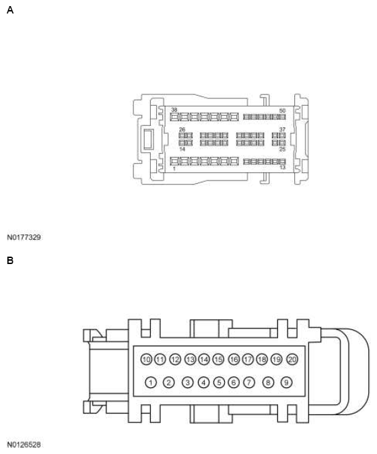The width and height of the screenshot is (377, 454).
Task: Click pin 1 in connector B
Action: click(151, 383)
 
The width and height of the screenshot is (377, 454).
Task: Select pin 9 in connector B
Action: click(286, 383)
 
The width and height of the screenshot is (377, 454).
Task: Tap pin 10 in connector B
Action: click(146, 360)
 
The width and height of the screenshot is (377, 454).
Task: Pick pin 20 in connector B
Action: click(292, 360)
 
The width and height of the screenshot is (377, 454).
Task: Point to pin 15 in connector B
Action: click(218, 360)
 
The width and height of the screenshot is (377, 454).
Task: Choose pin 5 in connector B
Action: click(219, 383)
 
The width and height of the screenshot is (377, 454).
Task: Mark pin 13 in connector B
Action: click(190, 360)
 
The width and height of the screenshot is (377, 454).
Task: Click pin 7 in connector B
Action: click(248, 383)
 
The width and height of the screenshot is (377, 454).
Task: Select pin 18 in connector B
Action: click(262, 360)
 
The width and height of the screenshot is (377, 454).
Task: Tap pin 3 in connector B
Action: click(188, 383)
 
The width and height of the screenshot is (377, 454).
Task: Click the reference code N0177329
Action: click(24, 237)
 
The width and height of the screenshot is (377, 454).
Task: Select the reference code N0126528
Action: click(24, 445)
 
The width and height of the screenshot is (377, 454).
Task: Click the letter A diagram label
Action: click(10, 11)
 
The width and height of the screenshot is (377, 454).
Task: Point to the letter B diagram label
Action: click(10, 260)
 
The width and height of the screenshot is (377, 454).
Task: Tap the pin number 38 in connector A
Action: click(174, 110)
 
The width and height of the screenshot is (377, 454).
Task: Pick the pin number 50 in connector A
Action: click(282, 110)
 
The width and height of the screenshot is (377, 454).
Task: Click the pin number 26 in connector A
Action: click(182, 129)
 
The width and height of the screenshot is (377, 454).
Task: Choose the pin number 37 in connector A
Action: click(283, 129)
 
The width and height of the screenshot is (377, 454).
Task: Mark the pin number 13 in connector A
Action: click(282, 168)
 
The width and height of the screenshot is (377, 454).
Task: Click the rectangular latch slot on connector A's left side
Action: click(147, 139)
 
